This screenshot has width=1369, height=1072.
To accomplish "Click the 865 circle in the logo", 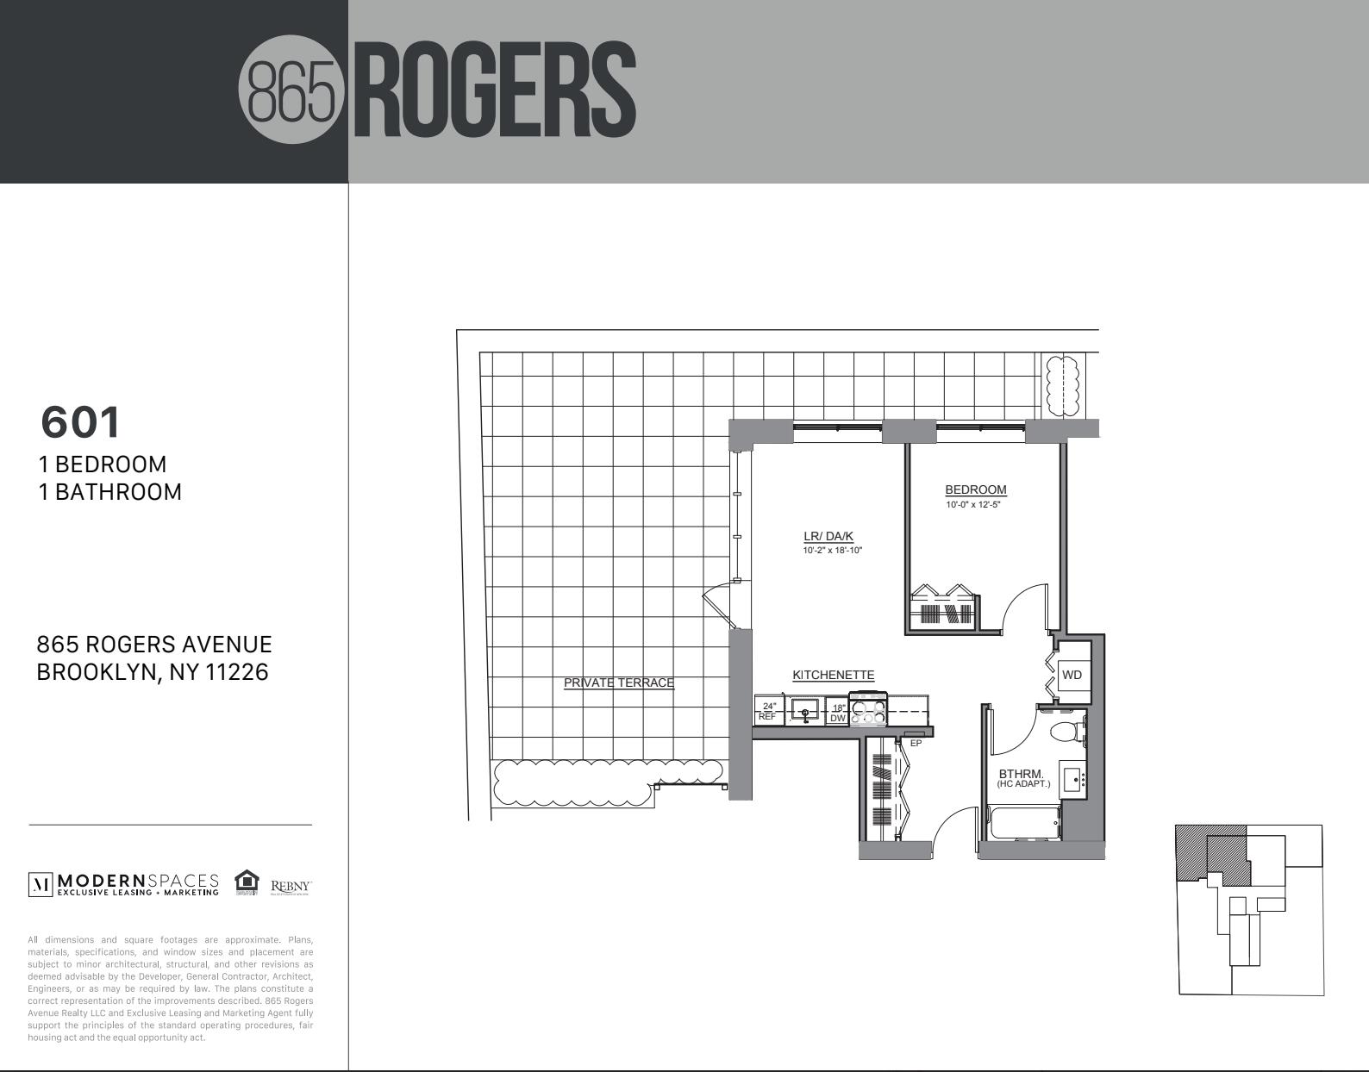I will [x=291, y=90].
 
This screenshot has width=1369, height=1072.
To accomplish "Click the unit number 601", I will [x=81, y=422].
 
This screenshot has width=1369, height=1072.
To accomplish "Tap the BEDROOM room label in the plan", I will [x=975, y=489].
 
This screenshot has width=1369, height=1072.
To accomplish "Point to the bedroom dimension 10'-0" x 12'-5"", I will [x=972, y=505].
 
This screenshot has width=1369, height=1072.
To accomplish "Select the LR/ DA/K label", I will [x=828, y=536].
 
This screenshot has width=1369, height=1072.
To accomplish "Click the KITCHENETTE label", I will [x=833, y=675].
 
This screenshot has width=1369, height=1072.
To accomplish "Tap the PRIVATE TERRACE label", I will [x=618, y=682].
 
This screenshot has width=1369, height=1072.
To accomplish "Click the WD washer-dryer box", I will [x=1072, y=675].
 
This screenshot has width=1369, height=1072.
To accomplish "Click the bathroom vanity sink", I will [x=1072, y=780].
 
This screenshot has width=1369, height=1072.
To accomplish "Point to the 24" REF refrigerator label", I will [x=767, y=712].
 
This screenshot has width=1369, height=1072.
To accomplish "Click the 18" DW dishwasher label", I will [x=838, y=713].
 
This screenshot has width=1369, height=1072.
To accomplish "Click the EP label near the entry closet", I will [x=916, y=743].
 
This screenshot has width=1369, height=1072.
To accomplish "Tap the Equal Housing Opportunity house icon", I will [x=247, y=882].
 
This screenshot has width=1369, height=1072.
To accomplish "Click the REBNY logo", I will [x=291, y=886].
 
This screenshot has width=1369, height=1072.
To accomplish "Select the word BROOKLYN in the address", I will [x=96, y=672].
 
